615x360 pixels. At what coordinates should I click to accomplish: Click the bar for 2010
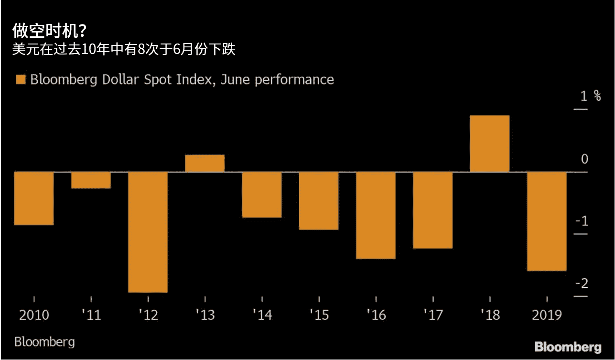pos(33,198)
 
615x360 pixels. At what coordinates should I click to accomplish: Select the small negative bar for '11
pos(91,180)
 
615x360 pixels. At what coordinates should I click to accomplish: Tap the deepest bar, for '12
pos(148,232)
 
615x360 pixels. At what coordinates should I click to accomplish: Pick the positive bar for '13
pos(205,163)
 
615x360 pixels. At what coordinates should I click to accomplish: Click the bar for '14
pos(262,195)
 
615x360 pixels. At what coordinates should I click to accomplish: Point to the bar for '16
pos(376,215)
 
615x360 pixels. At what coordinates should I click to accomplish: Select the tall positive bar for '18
pos(490,143)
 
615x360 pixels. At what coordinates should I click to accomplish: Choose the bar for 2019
pos(547,221)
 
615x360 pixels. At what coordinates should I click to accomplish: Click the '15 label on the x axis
pos(319,316)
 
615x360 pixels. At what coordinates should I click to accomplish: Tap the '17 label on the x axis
pos(433,316)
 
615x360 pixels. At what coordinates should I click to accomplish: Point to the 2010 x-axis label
pos(34,316)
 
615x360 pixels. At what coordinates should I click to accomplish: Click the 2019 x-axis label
pos(547,316)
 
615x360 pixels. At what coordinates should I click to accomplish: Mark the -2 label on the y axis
pos(582,284)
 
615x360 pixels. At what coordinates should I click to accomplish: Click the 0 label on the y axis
pos(584,159)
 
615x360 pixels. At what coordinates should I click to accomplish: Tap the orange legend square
pos(20,79)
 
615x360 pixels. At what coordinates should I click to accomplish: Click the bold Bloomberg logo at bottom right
pos(568,347)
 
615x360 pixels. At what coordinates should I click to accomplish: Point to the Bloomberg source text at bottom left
pos(44,342)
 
